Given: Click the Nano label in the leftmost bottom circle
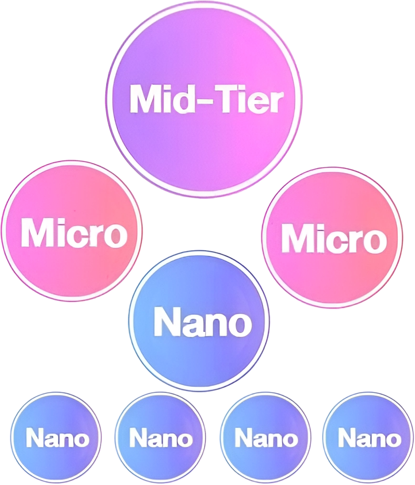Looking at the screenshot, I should pyautogui.click(x=57, y=438).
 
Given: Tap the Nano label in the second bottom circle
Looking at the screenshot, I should pyautogui.click(x=161, y=438).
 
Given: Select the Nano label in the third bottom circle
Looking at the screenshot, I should pyautogui.click(x=265, y=438).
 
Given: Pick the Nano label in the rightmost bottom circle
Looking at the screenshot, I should pyautogui.click(x=370, y=438).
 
